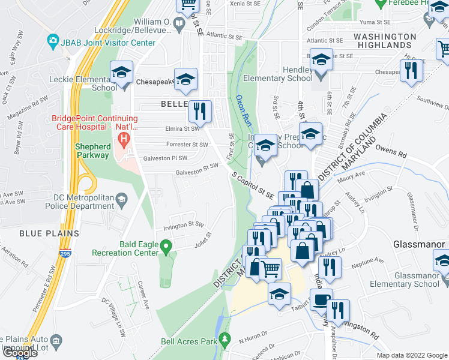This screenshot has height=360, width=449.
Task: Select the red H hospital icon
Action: click(x=124, y=142)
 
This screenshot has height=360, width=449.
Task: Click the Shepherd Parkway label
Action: click(x=92, y=151)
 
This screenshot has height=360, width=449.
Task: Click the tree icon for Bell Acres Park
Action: click(x=225, y=339)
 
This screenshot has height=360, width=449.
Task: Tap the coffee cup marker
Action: click(x=322, y=300)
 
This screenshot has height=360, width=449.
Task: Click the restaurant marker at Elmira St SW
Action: click(x=200, y=112)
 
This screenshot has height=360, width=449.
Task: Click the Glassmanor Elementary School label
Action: click(x=409, y=280)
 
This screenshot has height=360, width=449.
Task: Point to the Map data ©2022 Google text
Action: click(x=411, y=355)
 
